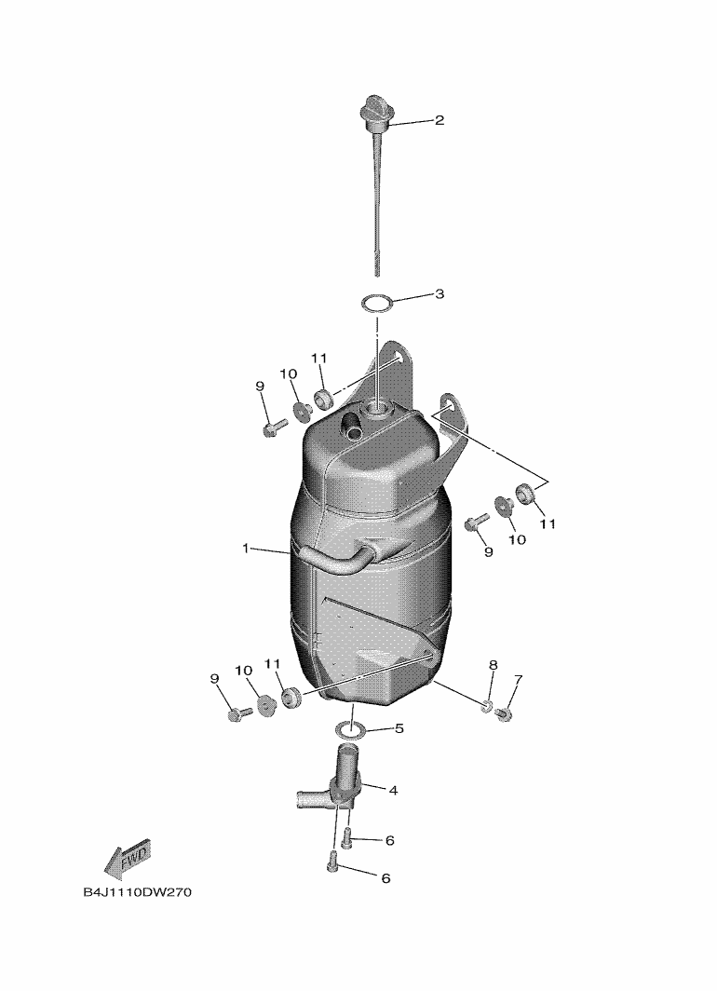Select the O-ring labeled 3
click(377, 304)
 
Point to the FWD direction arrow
click(127, 859)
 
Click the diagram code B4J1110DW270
click(137, 893)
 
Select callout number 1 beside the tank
click(246, 548)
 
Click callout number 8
click(494, 665)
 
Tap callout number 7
click(518, 679)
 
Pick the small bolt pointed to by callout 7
click(504, 714)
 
